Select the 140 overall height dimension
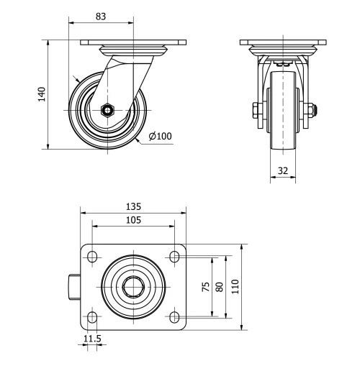(x=41, y=94)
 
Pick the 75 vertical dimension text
(x=206, y=286)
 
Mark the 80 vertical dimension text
(x=220, y=286)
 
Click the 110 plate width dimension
(x=235, y=286)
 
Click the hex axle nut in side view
(x=107, y=110)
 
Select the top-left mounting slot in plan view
(x=91, y=256)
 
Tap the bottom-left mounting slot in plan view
(x=91, y=316)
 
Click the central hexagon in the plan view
(x=133, y=286)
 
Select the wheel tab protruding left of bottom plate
(x=74, y=286)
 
